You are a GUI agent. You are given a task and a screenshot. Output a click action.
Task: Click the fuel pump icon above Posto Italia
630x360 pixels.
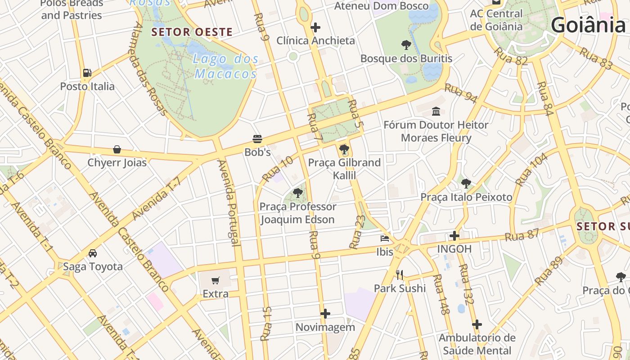[x=87, y=73]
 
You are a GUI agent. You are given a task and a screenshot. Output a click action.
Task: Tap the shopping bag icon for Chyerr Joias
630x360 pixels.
[x=117, y=149]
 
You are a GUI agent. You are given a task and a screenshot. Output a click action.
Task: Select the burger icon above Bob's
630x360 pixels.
[x=257, y=139]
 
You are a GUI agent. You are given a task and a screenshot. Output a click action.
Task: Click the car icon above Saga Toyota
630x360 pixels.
[x=93, y=253]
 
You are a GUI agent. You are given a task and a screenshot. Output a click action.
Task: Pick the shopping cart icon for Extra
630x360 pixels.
[x=216, y=280]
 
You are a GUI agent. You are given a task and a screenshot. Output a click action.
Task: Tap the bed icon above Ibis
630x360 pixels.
[x=385, y=238]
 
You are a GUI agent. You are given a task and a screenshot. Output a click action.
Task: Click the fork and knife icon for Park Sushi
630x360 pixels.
[x=400, y=274]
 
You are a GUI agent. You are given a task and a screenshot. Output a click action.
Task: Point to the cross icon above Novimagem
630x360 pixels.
[x=325, y=314]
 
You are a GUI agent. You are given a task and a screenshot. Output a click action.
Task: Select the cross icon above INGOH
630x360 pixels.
[x=454, y=235]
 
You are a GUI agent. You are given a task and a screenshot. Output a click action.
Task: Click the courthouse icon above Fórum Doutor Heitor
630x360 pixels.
[x=436, y=111]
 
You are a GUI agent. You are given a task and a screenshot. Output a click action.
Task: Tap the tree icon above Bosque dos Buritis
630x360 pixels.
[x=406, y=45]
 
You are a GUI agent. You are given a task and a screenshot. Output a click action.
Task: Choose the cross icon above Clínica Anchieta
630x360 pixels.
[x=315, y=27]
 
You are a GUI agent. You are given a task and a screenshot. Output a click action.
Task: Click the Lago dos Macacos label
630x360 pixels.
[x=226, y=66]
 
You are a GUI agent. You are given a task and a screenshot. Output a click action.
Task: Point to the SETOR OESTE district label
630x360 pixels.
[x=192, y=32]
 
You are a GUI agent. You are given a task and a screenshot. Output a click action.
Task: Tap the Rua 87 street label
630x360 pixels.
[x=522, y=235]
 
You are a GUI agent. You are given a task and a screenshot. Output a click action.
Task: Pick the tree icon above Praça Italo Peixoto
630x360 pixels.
[x=466, y=184]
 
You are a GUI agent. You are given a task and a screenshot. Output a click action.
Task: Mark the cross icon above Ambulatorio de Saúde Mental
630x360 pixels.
[x=477, y=324]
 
